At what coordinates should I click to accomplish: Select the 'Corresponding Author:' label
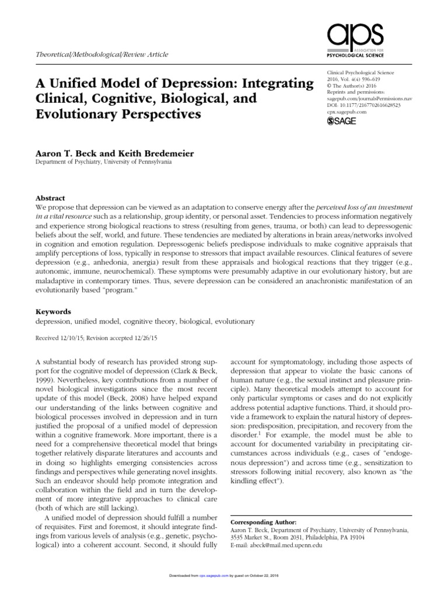(x=264, y=521)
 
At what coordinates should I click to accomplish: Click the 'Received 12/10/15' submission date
(x=60, y=338)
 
